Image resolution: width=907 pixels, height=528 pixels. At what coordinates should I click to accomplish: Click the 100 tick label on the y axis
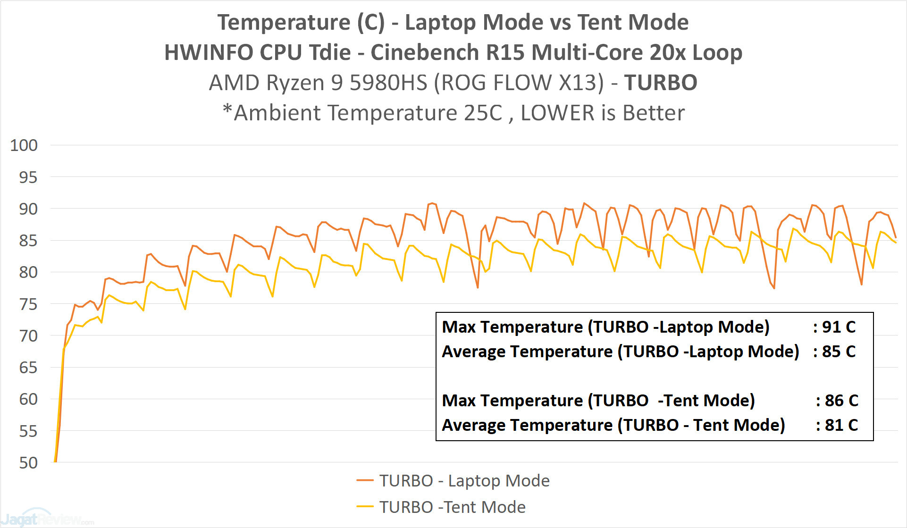click(24, 145)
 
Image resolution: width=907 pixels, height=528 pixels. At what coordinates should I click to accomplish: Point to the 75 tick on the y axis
click(28, 304)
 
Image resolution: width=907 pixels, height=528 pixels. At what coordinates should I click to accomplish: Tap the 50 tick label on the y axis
click(28, 463)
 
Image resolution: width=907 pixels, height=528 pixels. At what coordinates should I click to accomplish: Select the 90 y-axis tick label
click(28, 209)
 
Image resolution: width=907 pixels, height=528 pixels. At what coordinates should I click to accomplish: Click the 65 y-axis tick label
click(28, 368)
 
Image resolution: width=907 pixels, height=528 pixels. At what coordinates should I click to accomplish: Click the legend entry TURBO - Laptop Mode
click(464, 481)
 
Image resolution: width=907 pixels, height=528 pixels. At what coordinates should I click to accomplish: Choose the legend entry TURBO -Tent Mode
click(452, 507)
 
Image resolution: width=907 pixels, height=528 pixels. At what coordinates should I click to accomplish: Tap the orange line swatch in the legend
click(365, 481)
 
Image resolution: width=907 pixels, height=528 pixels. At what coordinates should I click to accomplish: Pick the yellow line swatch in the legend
click(365, 507)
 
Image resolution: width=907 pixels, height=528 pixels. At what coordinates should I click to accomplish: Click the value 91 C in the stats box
click(839, 327)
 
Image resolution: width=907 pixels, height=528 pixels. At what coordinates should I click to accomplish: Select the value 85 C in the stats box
click(839, 352)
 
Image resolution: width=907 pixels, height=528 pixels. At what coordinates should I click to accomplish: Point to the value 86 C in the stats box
click(841, 401)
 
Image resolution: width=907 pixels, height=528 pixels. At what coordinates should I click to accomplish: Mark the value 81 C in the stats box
click(841, 425)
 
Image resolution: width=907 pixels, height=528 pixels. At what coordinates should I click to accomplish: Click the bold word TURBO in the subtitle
click(661, 83)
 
